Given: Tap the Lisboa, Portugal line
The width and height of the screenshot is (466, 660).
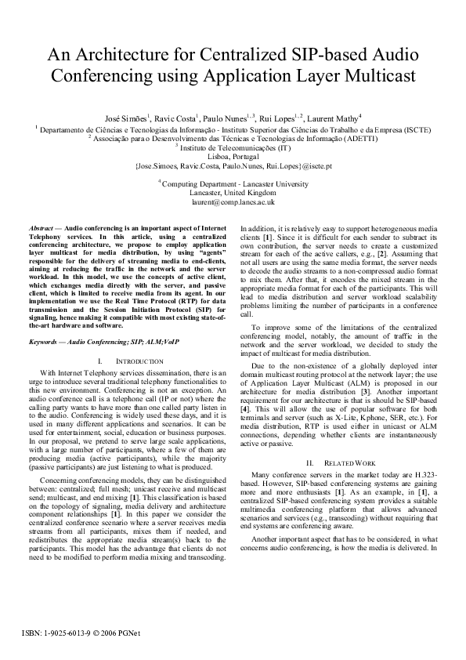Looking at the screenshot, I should coord(233,156).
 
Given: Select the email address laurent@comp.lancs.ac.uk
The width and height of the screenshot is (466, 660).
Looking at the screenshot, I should coord(233,201).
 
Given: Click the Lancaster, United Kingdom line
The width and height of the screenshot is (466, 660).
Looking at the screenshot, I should coord(233,192).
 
